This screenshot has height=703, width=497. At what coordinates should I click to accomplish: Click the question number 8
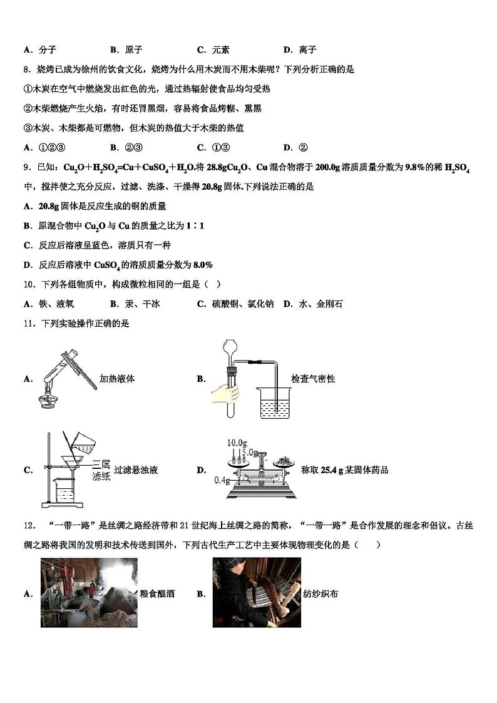(27, 69)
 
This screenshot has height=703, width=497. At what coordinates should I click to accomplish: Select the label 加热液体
(118, 379)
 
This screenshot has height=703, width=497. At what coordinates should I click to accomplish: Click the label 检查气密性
(313, 379)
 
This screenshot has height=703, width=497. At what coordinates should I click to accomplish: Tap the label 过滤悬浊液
(136, 470)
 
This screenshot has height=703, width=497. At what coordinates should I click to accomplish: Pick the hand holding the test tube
(226, 393)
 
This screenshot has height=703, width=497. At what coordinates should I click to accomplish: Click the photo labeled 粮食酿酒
(89, 592)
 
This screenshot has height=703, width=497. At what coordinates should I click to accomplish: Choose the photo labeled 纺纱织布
(257, 592)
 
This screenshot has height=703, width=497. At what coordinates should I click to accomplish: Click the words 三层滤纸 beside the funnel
(101, 470)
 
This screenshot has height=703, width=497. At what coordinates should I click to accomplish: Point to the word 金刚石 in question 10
(329, 304)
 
